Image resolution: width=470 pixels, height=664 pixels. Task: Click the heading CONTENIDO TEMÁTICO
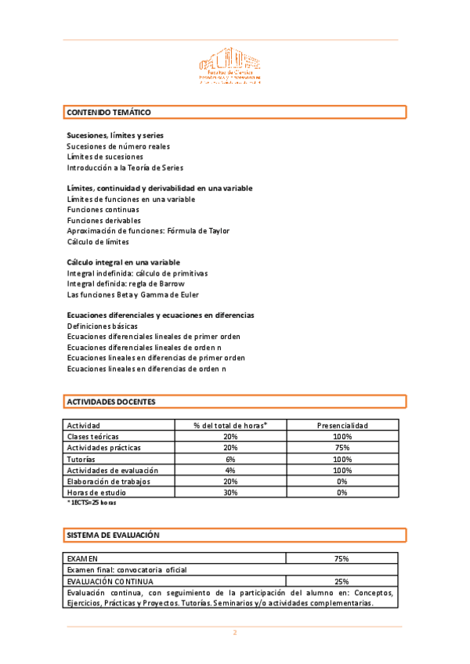coord(109,113)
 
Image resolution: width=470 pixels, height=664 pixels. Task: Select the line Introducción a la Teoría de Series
coord(125,168)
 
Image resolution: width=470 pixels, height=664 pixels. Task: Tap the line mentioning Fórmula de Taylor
coord(148,231)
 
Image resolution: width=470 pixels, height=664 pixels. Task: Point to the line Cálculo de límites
coord(98,242)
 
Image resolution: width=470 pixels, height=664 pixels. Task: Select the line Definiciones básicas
coord(103,326)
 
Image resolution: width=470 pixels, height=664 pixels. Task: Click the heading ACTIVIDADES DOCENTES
coord(111,402)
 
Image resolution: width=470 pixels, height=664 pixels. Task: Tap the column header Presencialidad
coord(342,425)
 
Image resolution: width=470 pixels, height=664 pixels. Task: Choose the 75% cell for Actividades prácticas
coord(342,447)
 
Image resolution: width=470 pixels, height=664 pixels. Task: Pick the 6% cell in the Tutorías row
coord(230,459)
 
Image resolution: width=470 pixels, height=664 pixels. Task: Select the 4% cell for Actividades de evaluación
coord(230,470)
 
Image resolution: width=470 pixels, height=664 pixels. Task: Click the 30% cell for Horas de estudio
coord(230,493)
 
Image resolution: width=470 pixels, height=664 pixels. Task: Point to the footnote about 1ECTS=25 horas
coord(93,503)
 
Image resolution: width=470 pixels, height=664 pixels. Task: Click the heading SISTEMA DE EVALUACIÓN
coord(113,536)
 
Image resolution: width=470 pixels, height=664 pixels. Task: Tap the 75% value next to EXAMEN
coord(342,558)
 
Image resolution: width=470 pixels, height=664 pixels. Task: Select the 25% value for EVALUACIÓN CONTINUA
coord(342,582)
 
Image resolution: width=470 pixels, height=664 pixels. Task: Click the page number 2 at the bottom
coord(233,633)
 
